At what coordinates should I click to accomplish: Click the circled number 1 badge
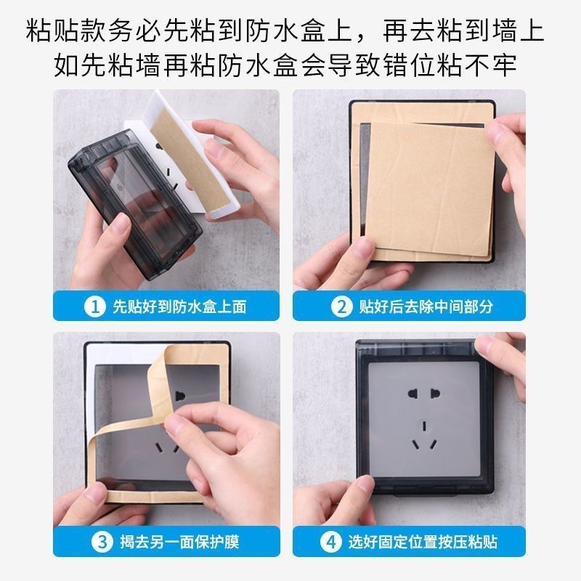[93, 306]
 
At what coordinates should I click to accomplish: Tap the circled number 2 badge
[341, 306]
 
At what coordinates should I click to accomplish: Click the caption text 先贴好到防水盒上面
[179, 306]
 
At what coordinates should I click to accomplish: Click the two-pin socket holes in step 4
[422, 397]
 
